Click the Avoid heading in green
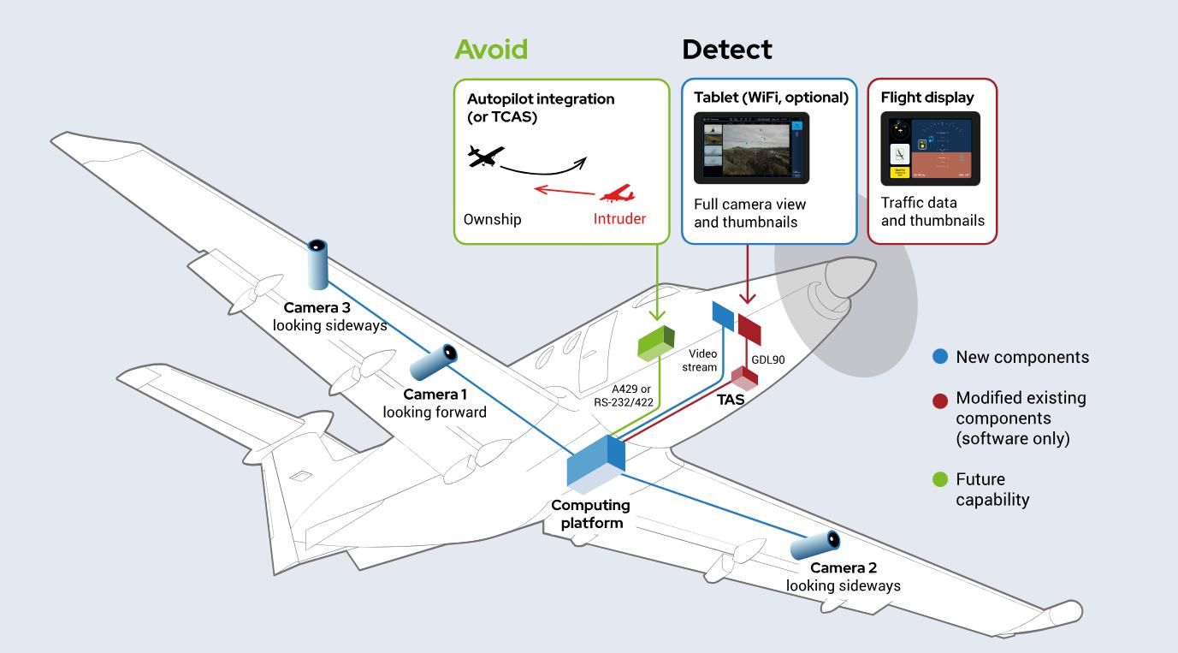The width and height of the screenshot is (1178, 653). coord(490,50)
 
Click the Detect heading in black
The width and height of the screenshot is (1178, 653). coord(726,50)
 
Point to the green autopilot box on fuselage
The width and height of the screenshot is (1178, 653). coord(656,343)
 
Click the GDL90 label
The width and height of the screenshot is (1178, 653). coord(767,359)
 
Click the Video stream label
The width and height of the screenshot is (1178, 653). coord(703,360)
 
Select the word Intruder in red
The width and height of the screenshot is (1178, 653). coord(619,219)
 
